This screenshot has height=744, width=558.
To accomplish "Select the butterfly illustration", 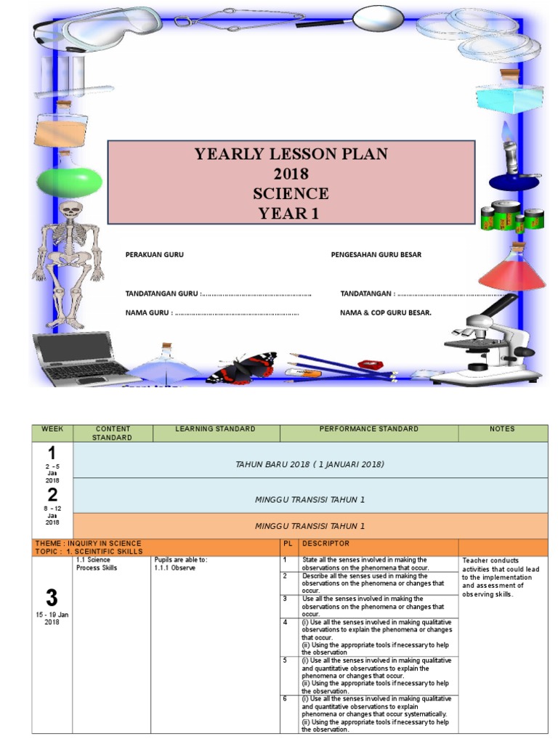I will point(243,366).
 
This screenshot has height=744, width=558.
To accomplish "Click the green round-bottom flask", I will point(69,178).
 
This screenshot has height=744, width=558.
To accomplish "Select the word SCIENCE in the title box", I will point(291,194).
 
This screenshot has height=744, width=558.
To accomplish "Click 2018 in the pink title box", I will point(291,174).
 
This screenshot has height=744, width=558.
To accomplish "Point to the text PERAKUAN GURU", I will point(154,255).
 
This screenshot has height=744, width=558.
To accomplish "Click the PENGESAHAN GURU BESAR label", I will point(376,255).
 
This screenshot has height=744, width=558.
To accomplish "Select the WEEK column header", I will point(52,429).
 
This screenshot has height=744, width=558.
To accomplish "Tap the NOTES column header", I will point(502,429).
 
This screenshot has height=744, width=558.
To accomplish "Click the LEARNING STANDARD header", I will point(215,429).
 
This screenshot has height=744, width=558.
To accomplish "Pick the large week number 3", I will point(52,599).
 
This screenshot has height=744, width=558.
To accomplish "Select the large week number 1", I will point(52,454).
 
